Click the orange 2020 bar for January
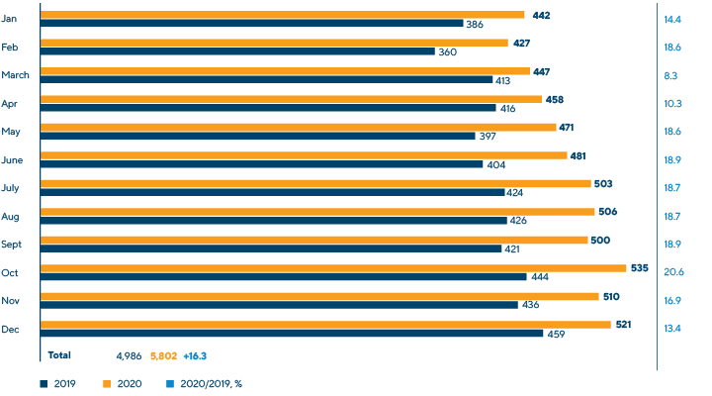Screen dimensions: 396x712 [282, 15]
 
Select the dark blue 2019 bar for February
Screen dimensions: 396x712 [237, 51]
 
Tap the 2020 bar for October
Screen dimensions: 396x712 [333, 267]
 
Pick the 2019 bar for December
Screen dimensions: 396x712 [292, 334]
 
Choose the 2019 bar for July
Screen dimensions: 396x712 [272, 192]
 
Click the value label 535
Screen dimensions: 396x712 [639, 267]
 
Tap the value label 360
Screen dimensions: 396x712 [446, 51]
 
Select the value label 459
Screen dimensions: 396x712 [556, 334]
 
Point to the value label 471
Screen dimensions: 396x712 [567, 127]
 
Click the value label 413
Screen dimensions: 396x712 [504, 79]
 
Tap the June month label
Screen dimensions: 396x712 [13, 159]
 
